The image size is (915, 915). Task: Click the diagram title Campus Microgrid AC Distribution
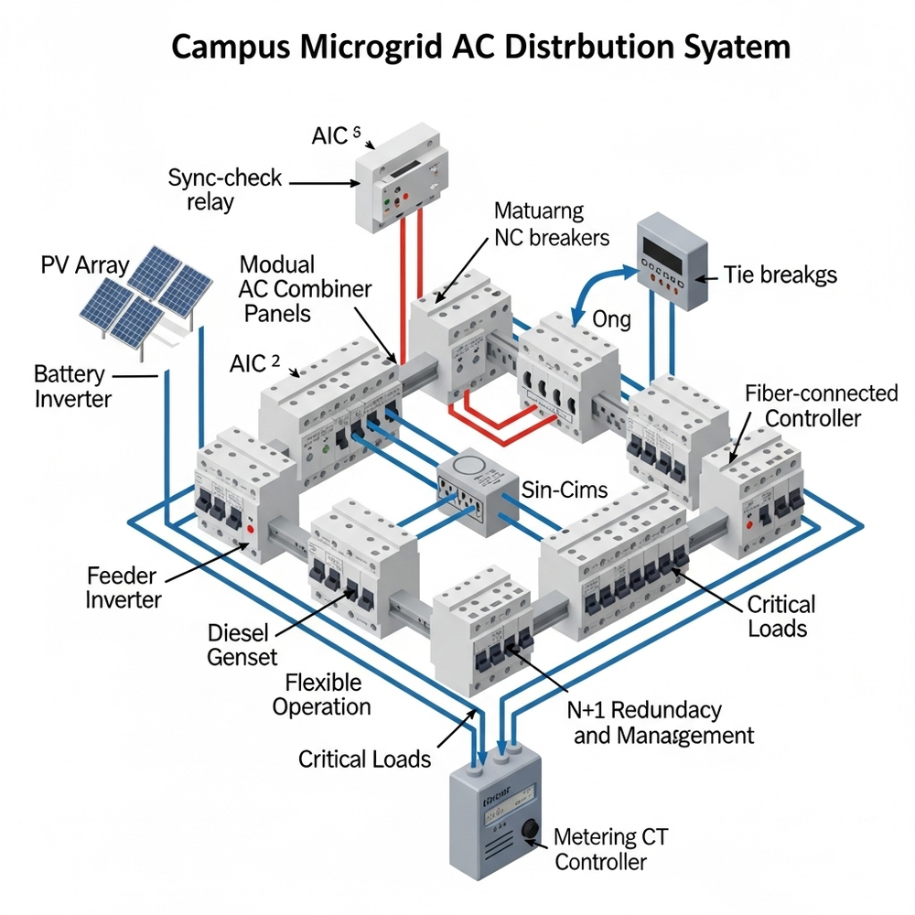coord(480,47)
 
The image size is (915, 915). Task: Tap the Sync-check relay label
coord(225,188)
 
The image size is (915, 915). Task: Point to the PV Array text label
coord(85,267)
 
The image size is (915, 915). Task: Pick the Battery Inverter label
coord(72,386)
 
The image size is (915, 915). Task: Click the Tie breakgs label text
coord(780,274)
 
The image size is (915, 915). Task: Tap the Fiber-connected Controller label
coord(821,405)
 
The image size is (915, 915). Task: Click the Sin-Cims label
coord(564,490)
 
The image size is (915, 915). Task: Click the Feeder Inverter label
coord(124,587)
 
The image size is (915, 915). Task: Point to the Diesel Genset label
coord(245,644)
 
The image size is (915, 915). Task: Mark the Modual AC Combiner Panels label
coord(305,288)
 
